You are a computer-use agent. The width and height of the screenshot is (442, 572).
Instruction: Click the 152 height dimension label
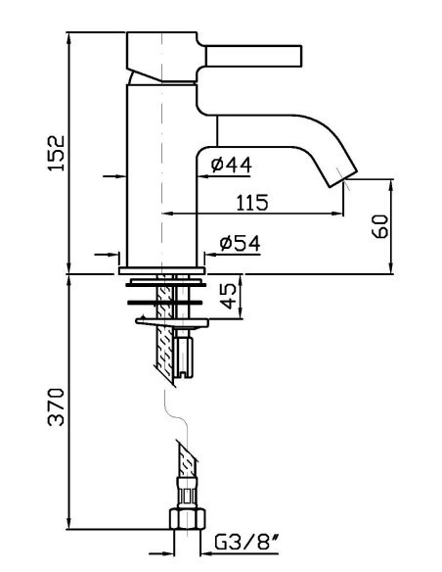(57, 153)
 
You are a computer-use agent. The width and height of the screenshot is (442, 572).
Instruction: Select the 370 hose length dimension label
(57, 406)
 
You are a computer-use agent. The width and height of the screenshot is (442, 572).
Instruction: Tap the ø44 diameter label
(231, 165)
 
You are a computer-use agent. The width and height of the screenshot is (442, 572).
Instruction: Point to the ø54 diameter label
(240, 243)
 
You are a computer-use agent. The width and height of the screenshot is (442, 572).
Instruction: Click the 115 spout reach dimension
(252, 203)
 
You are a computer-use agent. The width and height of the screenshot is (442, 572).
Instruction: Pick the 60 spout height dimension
(380, 226)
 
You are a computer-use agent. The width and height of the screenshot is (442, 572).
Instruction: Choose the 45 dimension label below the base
(228, 296)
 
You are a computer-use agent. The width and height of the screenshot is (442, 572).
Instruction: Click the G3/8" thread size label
(246, 542)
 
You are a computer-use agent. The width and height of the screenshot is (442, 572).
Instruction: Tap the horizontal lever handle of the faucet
(254, 56)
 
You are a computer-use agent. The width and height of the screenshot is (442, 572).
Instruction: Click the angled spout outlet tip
(343, 178)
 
